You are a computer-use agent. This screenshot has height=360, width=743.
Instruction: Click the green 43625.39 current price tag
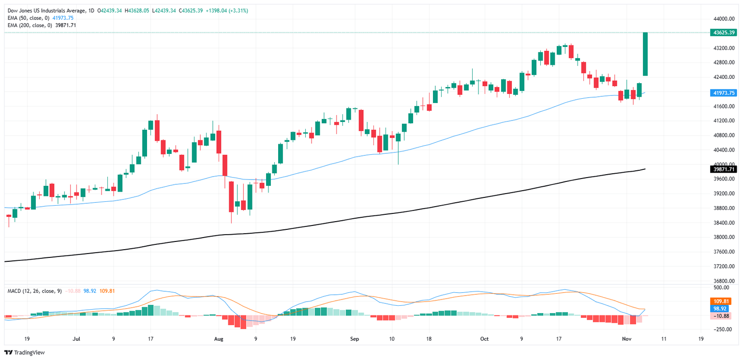(x=723, y=33)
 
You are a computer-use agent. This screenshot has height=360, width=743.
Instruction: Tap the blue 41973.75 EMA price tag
(x=723, y=92)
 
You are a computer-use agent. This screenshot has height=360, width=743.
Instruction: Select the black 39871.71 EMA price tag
(x=723, y=169)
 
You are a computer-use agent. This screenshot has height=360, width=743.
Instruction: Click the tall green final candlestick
(x=645, y=54)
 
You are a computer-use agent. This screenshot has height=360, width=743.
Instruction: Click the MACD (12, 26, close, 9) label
(x=34, y=291)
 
